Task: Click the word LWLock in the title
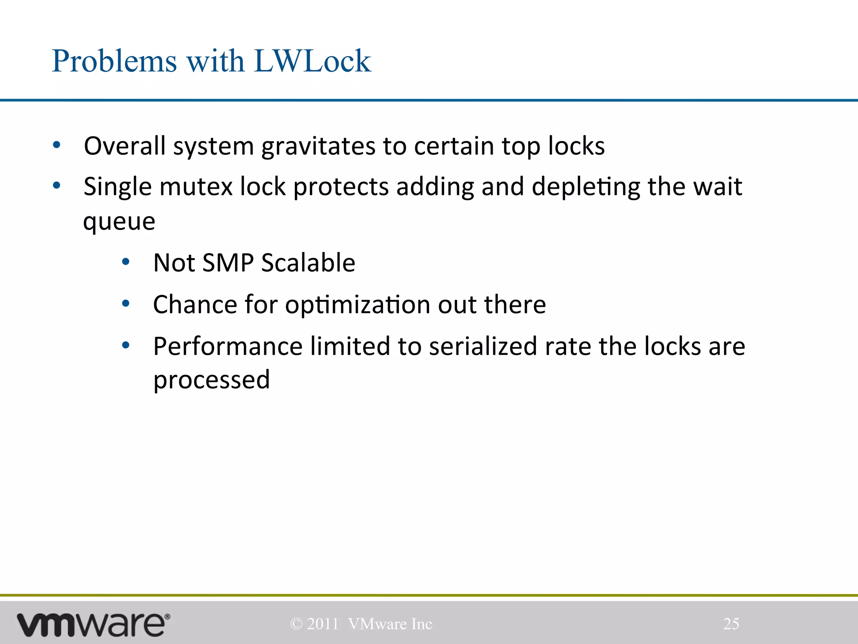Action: (312, 61)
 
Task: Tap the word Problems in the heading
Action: (114, 61)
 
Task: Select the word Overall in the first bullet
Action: (124, 146)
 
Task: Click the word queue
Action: (119, 221)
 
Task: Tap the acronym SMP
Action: (227, 263)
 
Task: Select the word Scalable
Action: (308, 263)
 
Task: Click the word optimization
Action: (357, 305)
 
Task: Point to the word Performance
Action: (227, 346)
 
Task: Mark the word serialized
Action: (483, 346)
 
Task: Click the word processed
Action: (212, 380)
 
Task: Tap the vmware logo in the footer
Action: (93, 625)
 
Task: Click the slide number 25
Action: (731, 624)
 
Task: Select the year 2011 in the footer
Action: (323, 624)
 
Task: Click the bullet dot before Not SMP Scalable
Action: (126, 262)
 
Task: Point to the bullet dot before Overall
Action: (57, 145)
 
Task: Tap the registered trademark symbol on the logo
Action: (168, 616)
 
